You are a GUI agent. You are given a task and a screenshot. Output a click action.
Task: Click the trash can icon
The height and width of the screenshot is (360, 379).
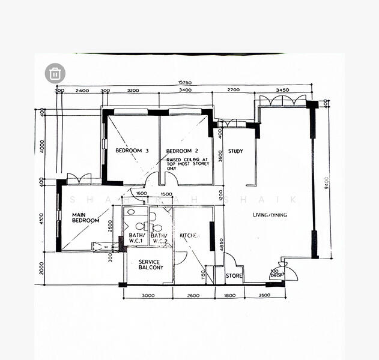55,73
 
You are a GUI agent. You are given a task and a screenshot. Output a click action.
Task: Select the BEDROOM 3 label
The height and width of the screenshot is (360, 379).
127,150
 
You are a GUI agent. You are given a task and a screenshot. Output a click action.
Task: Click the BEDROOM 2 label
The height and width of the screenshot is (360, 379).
182,150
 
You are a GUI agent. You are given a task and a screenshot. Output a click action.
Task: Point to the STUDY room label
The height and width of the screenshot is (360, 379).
235,151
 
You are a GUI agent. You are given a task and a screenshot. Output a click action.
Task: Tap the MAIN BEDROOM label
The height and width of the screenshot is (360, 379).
85,217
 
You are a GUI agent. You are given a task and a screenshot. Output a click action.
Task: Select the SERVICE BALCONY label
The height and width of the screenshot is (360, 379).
149,265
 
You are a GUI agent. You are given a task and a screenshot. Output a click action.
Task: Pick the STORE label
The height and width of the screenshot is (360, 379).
234,276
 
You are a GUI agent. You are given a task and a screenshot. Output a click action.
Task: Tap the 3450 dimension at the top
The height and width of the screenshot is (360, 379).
282,90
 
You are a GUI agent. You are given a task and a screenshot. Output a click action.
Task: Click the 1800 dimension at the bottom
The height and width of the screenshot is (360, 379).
230,295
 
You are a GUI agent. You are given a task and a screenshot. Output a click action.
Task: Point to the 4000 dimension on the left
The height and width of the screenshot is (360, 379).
42,146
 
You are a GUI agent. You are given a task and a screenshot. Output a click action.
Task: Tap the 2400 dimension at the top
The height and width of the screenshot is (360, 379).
82,91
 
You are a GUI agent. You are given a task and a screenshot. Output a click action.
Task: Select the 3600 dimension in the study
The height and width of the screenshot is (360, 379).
220,155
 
